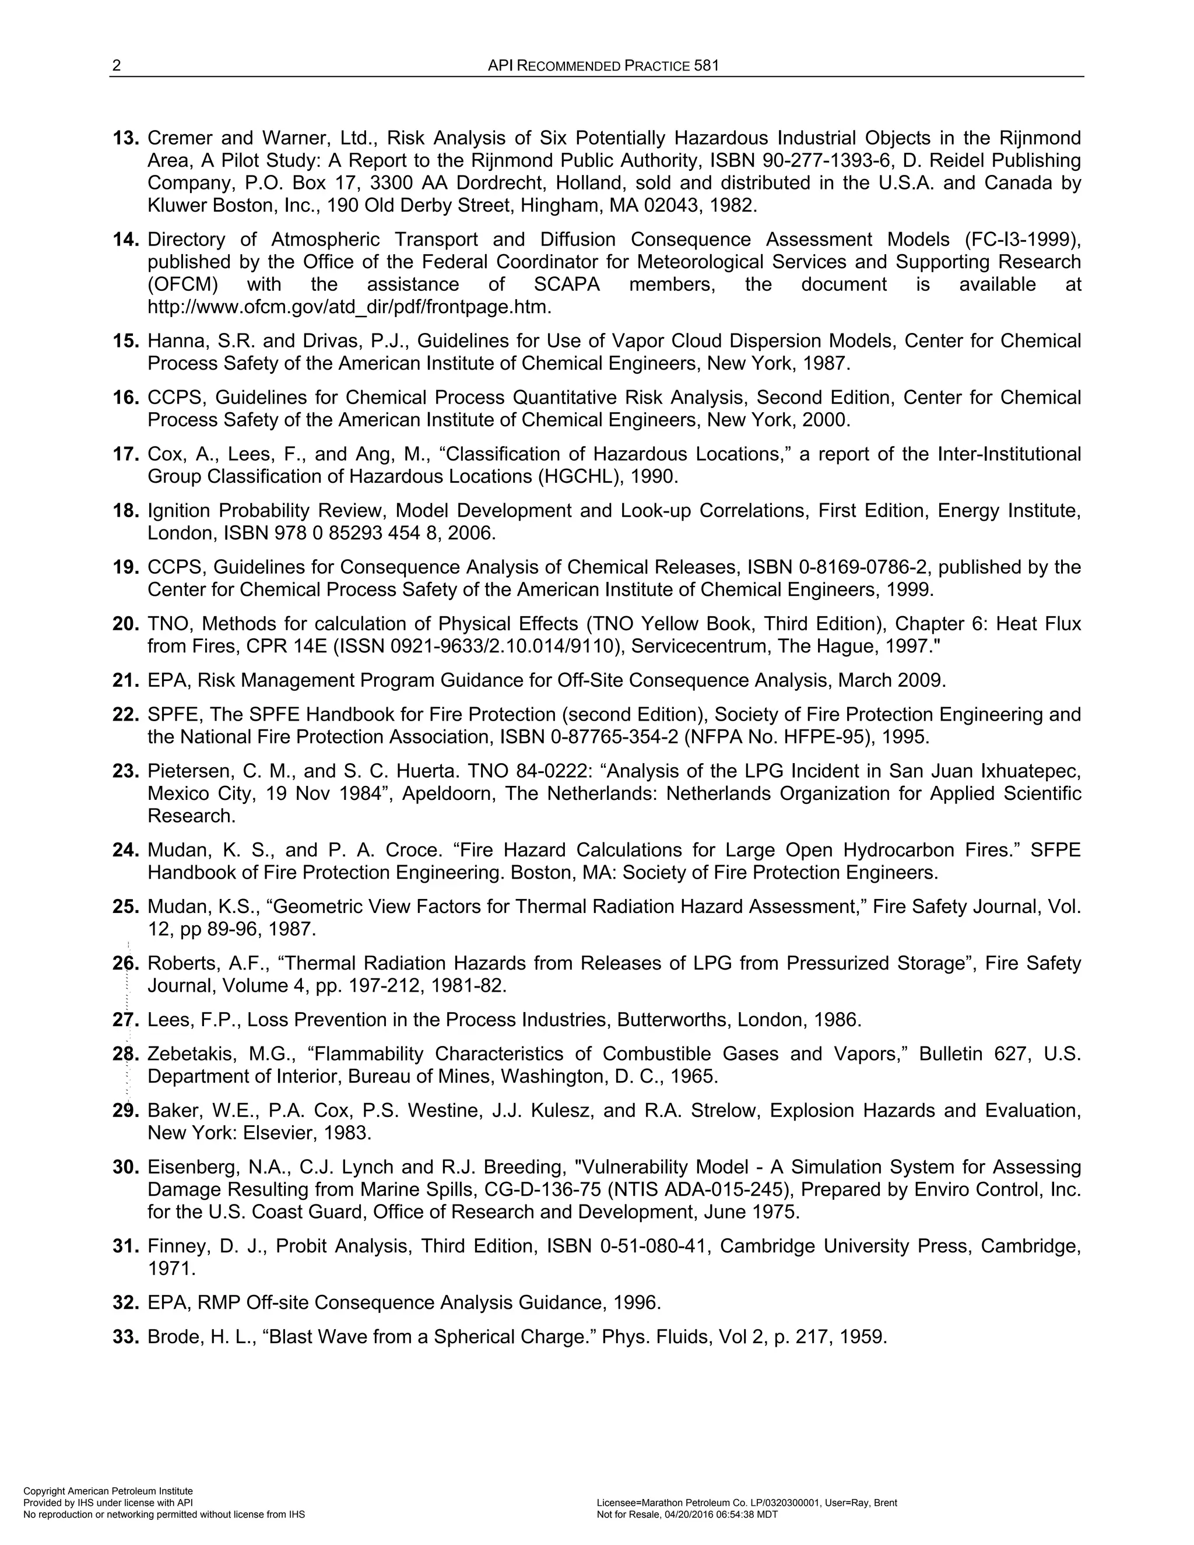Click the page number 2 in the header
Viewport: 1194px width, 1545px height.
pyautogui.click(x=117, y=66)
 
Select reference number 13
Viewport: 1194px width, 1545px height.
pyautogui.click(x=126, y=138)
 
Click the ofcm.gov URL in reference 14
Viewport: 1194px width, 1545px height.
pyautogui.click(x=349, y=307)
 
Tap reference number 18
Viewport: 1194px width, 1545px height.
pyautogui.click(x=126, y=511)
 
